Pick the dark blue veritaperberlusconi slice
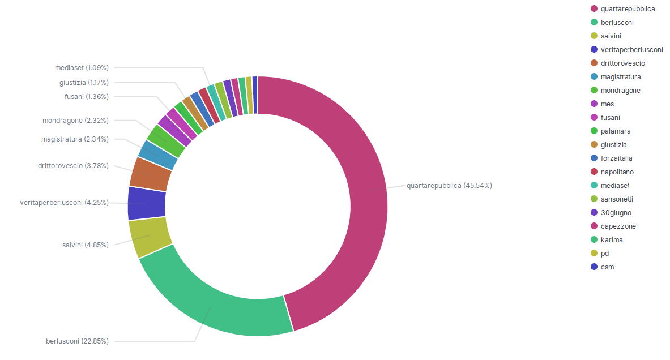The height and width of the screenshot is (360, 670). (147, 203)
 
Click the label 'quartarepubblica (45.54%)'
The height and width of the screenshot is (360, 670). (449, 186)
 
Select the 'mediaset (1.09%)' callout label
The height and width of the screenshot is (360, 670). (82, 68)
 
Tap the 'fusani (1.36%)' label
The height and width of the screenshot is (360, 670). (87, 97)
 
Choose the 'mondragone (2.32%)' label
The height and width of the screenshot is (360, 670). (75, 121)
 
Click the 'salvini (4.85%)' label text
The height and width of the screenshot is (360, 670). (86, 245)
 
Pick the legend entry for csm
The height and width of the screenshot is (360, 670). (607, 267)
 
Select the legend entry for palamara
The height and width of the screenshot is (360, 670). (616, 131)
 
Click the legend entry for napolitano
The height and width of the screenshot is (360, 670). (617, 172)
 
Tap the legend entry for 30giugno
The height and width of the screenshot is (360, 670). (616, 213)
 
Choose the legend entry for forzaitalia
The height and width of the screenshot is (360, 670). (617, 158)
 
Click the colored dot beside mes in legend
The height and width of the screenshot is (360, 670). (594, 104)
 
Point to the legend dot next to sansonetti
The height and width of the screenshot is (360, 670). (594, 199)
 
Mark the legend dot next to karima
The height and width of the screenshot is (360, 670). (594, 240)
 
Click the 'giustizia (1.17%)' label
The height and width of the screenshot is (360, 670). (84, 83)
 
